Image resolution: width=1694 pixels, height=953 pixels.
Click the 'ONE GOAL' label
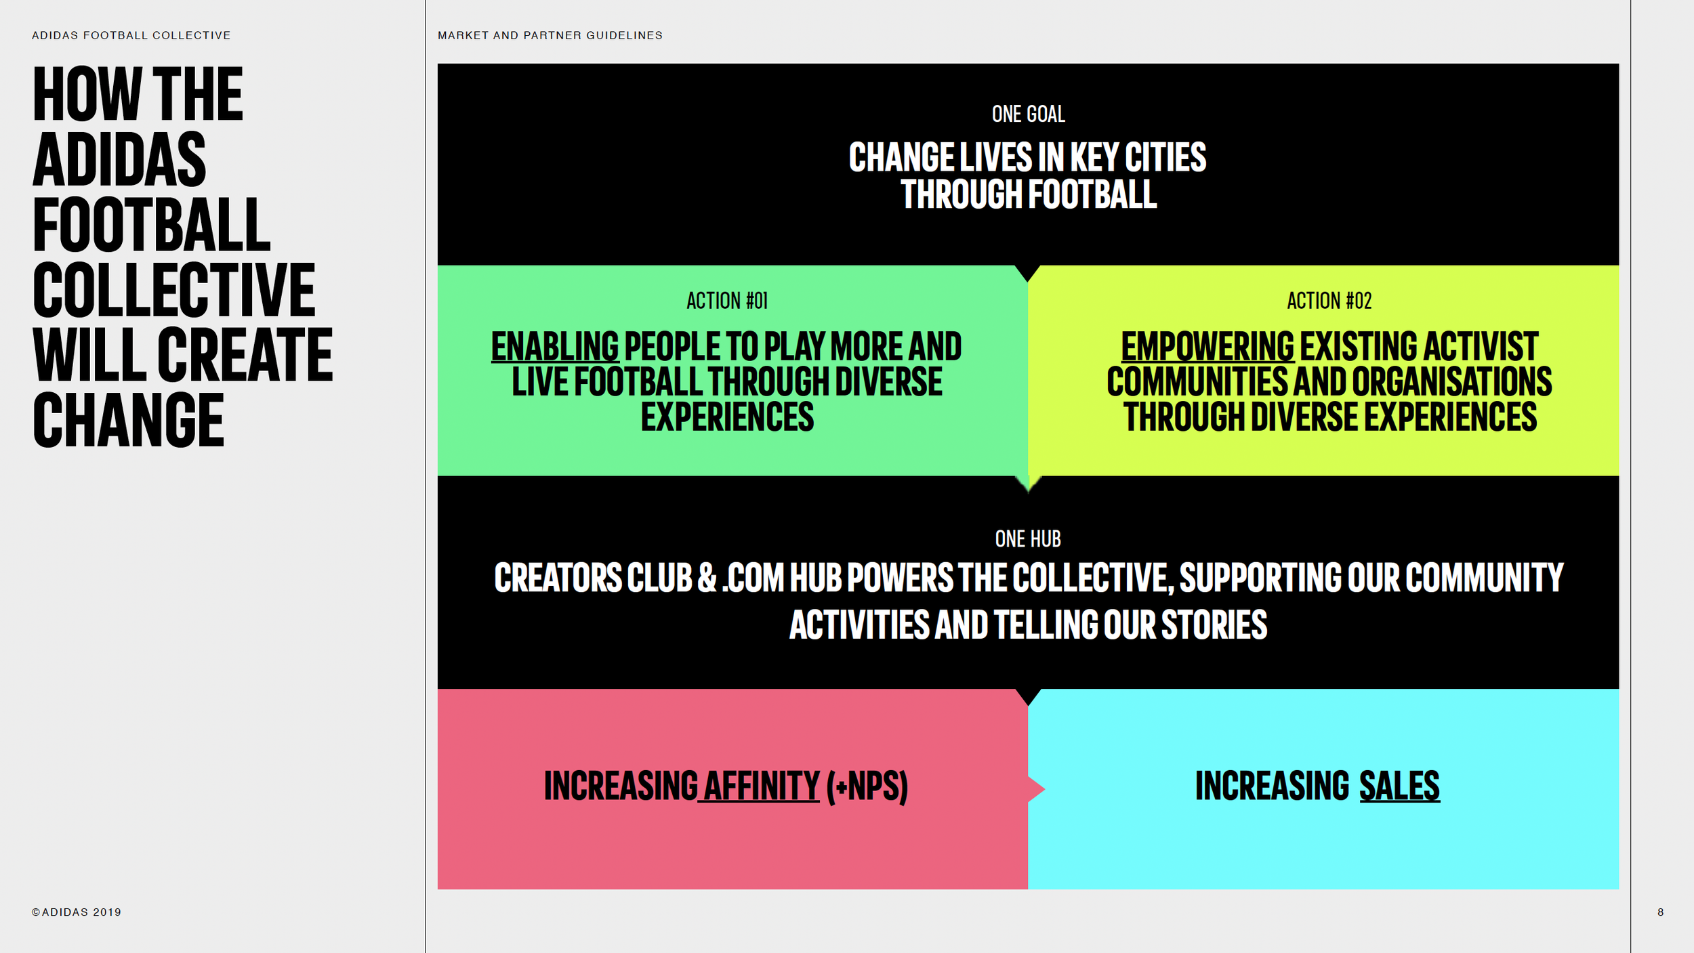coord(1028,114)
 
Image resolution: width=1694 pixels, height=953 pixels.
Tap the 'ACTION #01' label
coord(727,301)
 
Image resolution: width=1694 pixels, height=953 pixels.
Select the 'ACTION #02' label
coord(1329,301)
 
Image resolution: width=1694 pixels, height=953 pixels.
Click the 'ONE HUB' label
coord(1028,539)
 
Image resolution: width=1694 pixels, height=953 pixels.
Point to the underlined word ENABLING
coord(554,347)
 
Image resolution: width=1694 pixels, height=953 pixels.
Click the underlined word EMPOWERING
coord(1207,347)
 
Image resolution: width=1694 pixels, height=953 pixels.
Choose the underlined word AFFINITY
coord(761,786)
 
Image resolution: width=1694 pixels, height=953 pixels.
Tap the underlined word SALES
coord(1399,786)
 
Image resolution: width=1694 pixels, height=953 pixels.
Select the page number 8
coord(1660,912)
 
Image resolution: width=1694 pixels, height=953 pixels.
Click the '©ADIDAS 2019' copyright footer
coord(77,912)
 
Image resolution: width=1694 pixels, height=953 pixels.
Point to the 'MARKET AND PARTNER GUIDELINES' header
coord(550,35)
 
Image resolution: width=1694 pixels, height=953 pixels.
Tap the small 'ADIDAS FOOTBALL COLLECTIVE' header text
coord(131,35)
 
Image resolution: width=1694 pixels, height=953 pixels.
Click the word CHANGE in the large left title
coord(128,420)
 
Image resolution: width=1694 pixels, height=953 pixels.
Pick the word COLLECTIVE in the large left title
coord(173,290)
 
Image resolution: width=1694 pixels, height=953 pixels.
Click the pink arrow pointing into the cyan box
coord(1036,789)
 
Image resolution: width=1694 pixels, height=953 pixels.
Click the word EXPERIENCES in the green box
coord(727,417)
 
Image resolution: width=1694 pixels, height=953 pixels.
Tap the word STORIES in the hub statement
coord(1214,624)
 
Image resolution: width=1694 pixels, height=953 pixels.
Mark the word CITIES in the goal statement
coord(1165,157)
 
